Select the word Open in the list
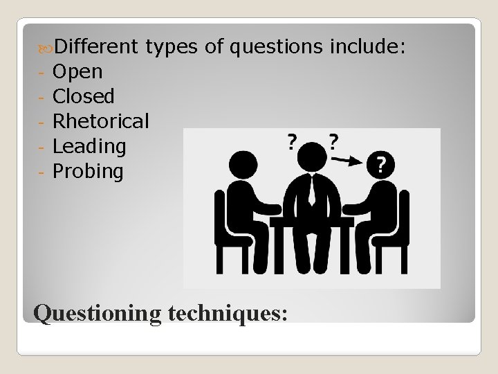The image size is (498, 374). [77, 71]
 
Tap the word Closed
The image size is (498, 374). [84, 96]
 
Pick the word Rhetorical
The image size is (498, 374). [100, 121]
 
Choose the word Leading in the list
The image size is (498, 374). [89, 146]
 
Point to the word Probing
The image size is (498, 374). [88, 171]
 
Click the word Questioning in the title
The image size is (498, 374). [97, 313]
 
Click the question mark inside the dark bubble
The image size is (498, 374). [381, 165]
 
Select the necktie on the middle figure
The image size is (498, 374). [312, 188]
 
